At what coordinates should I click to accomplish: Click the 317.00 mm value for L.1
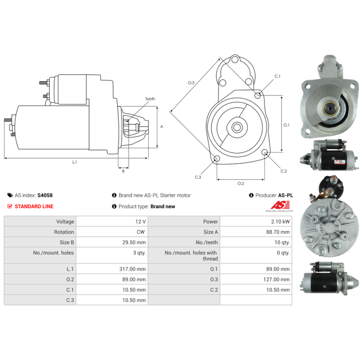coord(133,269)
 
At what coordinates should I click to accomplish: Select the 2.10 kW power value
coord(280,222)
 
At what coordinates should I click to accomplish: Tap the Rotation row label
coord(64,232)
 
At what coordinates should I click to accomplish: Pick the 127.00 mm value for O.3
coord(276,279)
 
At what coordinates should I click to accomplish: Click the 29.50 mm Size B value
coord(134,243)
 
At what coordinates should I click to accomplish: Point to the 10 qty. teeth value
coord(282,243)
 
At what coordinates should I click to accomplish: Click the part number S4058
coord(45,195)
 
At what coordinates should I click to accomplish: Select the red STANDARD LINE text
coord(34,206)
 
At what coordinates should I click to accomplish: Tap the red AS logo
coord(280,205)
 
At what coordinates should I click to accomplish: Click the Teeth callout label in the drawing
coord(150,99)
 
